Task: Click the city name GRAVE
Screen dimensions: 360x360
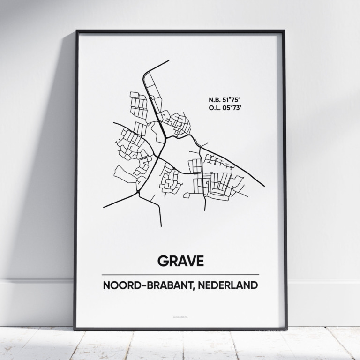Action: [x=180, y=261]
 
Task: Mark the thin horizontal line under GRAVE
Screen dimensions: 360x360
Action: [x=180, y=275]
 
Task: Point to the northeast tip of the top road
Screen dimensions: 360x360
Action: [x=169, y=61]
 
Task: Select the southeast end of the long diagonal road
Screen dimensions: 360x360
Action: [x=264, y=186]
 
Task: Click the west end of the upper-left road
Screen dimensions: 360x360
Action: [x=114, y=123]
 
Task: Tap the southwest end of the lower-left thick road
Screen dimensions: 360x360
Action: [x=104, y=207]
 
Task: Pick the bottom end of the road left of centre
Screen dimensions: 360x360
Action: [x=161, y=226]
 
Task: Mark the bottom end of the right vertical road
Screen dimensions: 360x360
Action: [x=205, y=210]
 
